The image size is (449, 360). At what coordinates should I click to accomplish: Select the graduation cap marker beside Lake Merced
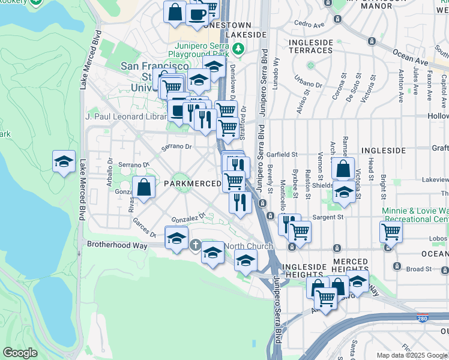pos(64,161)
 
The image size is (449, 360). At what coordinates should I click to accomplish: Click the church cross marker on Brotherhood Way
pos(195,245)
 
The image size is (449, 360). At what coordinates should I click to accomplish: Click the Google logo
pos(20,353)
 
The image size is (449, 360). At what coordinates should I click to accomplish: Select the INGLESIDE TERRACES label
pos(310,46)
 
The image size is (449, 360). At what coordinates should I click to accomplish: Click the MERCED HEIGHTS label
pos(350,266)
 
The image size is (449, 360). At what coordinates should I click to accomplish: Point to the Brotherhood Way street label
pos(115,244)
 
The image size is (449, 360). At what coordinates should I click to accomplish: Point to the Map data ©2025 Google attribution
pos(412,355)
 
